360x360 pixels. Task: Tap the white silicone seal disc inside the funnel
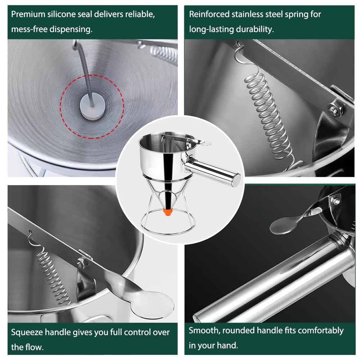coord(93,106)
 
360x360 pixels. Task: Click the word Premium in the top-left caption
coord(28,14)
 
